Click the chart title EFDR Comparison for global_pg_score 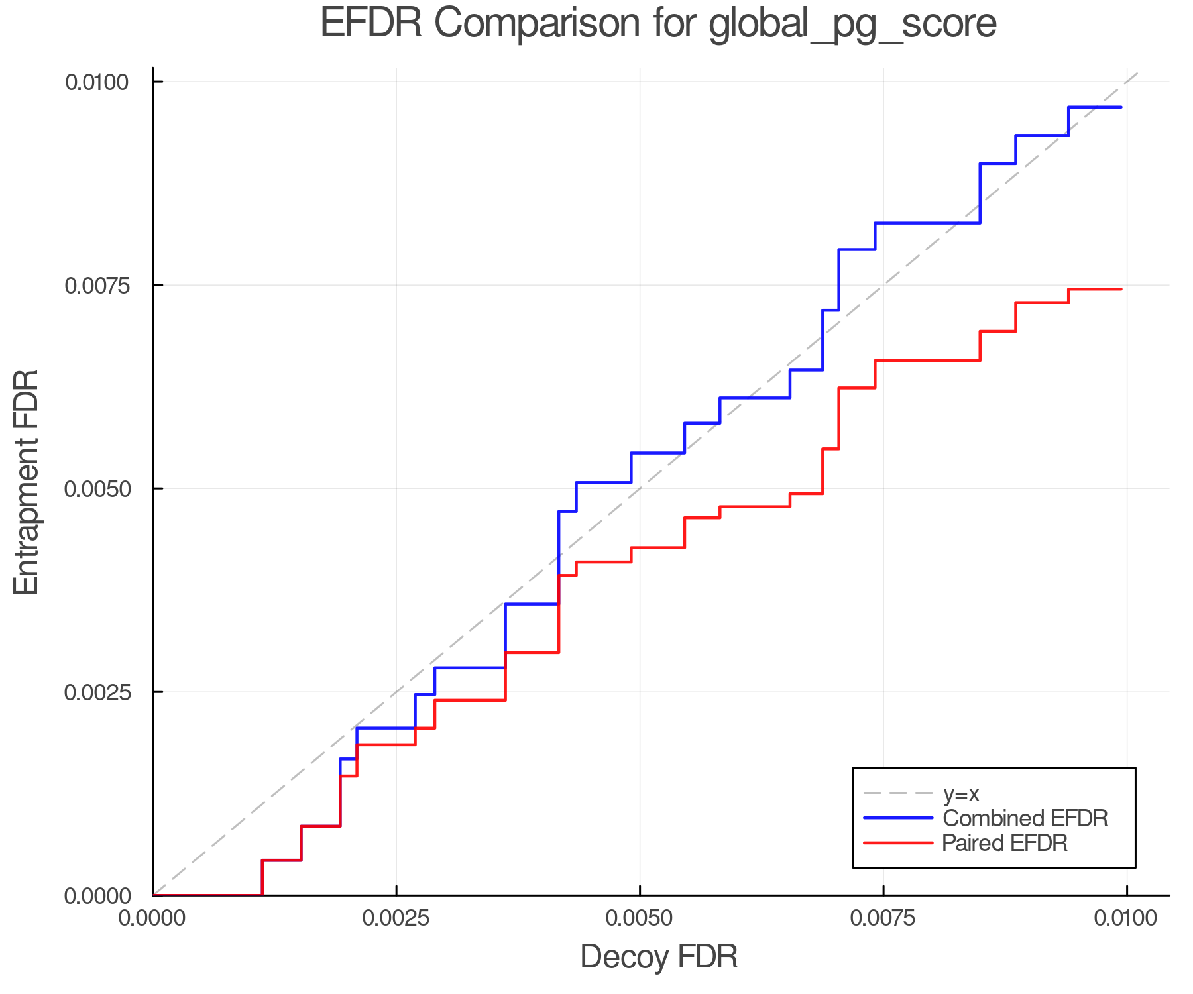(x=658, y=24)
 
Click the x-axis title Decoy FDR (x=659, y=957)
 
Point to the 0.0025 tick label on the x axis (x=396, y=918)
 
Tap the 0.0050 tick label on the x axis (x=640, y=918)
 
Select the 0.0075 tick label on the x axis (x=883, y=918)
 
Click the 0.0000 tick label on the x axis (x=153, y=918)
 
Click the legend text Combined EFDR (x=1025, y=818)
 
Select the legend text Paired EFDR (x=1005, y=843)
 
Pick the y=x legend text (x=961, y=793)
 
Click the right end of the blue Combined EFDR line (x=1121, y=107)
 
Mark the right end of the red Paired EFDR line (x=1121, y=289)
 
